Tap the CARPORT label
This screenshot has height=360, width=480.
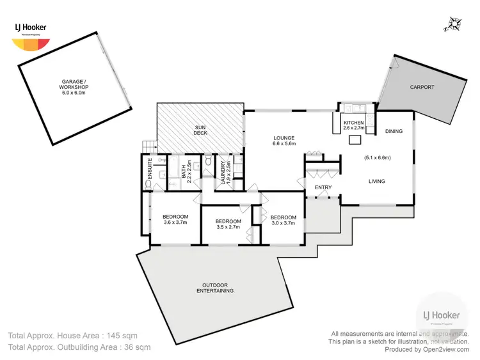[x=422, y=88]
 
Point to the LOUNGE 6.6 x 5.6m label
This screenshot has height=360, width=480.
[x=284, y=141]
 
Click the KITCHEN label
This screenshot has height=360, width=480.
[x=353, y=125]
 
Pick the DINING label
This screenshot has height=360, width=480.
[x=394, y=132]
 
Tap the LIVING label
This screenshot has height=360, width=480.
[x=376, y=182]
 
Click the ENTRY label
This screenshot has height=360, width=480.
[x=323, y=187]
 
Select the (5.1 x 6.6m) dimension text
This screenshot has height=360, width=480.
[x=377, y=157]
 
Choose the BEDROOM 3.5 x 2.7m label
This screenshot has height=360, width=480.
[x=228, y=223]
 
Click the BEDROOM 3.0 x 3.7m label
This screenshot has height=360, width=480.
[x=283, y=221]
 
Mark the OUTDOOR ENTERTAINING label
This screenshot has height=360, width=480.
[x=215, y=288]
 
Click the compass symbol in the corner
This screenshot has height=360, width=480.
[x=455, y=24]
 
